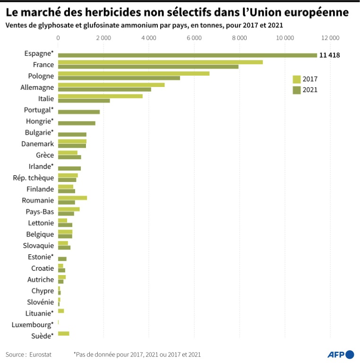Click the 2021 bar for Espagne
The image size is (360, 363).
pyautogui.click(x=187, y=55)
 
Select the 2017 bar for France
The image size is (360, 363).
pyautogui.click(x=160, y=62)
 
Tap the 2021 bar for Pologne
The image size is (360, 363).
pyautogui.click(x=119, y=78)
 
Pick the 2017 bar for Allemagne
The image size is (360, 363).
pyautogui.click(x=111, y=85)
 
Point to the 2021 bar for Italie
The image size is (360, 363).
pyautogui.click(x=84, y=101)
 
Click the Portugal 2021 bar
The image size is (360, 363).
pyautogui.click(x=79, y=112)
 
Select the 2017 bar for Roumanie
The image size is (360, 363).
pyautogui.click(x=72, y=198)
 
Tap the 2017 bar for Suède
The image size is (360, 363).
pyautogui.click(x=63, y=334)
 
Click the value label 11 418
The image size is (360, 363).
pyautogui.click(x=329, y=55)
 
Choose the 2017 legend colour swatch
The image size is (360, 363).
pyautogui.click(x=297, y=79)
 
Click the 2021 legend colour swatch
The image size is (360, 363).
pyautogui.click(x=297, y=90)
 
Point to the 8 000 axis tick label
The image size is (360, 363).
pyautogui.click(x=240, y=37)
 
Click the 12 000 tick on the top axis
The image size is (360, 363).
pyautogui.click(x=330, y=37)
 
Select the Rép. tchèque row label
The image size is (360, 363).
pyautogui.click(x=33, y=178)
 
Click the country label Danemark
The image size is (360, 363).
pyautogui.click(x=38, y=144)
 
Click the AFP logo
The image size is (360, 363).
pyautogui.click(x=340, y=354)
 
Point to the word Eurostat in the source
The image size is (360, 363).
pyautogui.click(x=40, y=354)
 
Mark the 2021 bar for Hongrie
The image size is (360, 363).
pyautogui.click(x=77, y=123)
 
